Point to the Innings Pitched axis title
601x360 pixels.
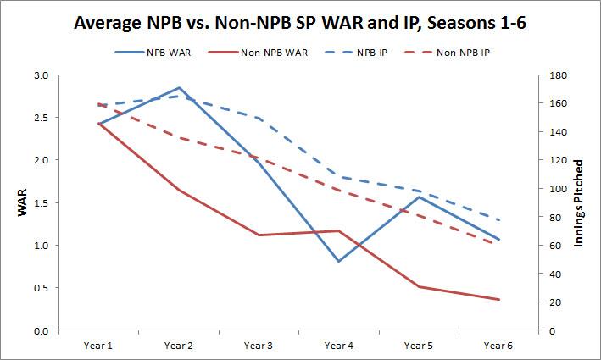click(581, 203)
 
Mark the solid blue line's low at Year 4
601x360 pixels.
click(339, 261)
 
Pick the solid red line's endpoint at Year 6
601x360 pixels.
click(499, 300)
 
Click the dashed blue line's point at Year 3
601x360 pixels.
click(259, 118)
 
